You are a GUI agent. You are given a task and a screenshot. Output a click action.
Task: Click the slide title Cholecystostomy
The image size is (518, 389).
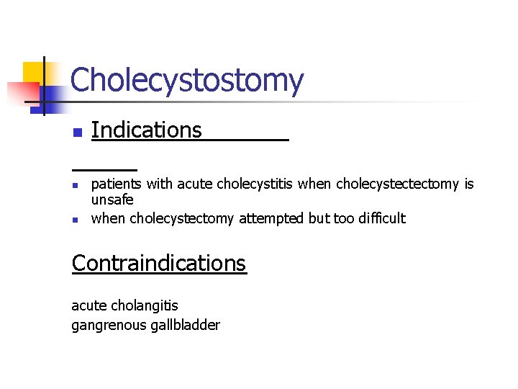[187, 80]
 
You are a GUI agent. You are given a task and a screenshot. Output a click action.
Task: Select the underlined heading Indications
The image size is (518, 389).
[147, 130]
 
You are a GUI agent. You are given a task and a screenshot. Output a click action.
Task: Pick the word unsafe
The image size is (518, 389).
[112, 200]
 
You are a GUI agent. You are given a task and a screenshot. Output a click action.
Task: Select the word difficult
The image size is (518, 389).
[381, 218]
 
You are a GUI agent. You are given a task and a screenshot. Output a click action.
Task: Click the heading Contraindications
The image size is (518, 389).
[159, 264]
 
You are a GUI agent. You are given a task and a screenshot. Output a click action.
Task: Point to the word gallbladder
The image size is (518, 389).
[186, 325]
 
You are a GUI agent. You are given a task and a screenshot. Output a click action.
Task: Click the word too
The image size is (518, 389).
[342, 218]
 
